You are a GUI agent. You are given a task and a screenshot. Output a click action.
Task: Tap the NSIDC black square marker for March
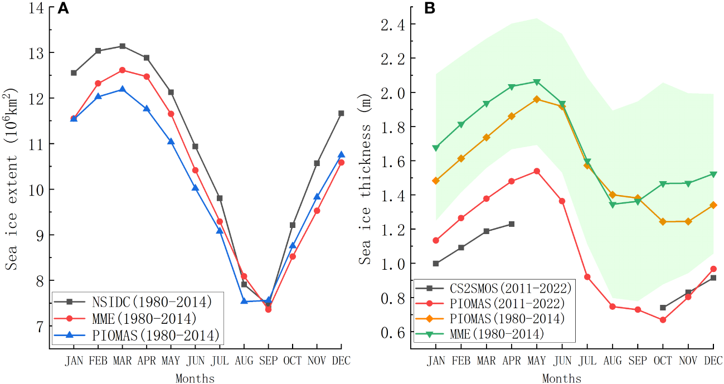tap(122, 46)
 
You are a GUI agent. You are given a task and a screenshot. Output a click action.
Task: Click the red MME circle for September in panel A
tap(268, 309)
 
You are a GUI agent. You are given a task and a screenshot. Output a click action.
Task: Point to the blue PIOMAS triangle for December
tap(341, 154)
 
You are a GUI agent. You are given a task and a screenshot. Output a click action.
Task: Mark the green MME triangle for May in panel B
tap(537, 82)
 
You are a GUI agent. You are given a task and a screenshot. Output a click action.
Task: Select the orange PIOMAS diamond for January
tap(436, 181)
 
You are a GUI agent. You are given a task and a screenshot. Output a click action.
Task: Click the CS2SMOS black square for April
tap(511, 224)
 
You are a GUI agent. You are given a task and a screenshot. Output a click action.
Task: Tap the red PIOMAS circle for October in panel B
tap(663, 320)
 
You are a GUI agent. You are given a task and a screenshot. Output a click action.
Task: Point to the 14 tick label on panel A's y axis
tap(37, 7)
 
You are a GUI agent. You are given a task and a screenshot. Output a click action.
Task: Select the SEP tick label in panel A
tap(268, 361)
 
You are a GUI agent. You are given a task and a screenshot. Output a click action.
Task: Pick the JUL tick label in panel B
tap(587, 361)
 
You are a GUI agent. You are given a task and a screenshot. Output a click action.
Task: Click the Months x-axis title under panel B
tap(561, 379)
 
